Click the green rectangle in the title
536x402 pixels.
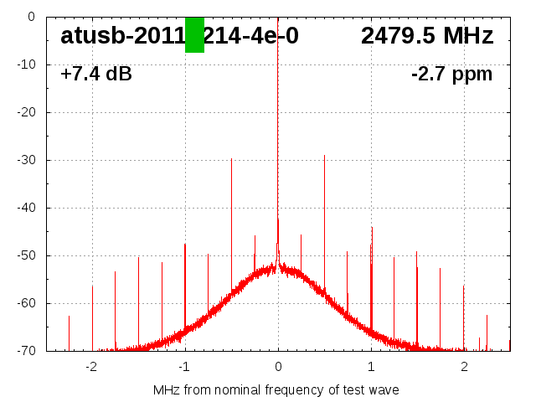pos(194,34)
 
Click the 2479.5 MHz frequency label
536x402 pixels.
pos(427,36)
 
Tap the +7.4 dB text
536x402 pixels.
pos(96,75)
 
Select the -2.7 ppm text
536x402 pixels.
pos(451,75)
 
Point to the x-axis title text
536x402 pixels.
pos(276,390)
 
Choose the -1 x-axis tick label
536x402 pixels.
pos(183,367)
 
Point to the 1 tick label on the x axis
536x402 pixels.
pos(371,367)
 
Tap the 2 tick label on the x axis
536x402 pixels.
pos(464,367)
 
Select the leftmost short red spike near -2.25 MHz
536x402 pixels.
pos(69,331)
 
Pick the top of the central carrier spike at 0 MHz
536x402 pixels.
pos(278,18)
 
